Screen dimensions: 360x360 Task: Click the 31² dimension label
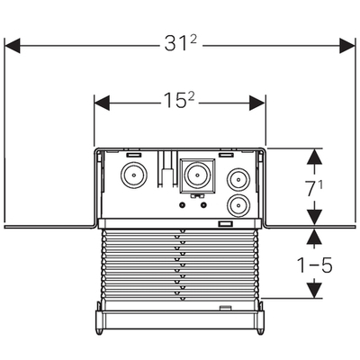coord(181,44)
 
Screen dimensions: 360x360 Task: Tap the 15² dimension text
coord(179,100)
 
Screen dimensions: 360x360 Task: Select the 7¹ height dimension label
coord(315,188)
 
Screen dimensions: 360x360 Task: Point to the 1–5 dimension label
coord(314,265)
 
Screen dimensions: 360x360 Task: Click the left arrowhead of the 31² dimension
coord(13,46)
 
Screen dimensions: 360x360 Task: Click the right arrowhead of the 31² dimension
coord(347,46)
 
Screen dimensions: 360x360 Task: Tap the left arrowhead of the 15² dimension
coord(102,103)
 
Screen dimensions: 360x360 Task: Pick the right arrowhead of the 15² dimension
coord(257,103)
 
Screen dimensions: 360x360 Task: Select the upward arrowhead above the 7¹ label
coord(314,157)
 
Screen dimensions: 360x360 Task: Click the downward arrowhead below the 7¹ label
coord(314,217)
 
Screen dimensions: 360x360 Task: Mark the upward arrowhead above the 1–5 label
coord(314,237)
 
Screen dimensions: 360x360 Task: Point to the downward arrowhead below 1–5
coord(314,291)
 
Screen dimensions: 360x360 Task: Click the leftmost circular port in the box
coord(134,175)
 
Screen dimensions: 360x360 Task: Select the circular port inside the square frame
coord(197,175)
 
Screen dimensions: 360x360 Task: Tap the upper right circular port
coord(238,180)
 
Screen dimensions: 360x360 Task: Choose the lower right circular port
coord(238,206)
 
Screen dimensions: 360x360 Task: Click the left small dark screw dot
coord(182,205)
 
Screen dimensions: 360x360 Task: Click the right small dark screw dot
coord(204,205)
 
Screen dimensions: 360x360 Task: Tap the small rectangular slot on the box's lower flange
coord(226,224)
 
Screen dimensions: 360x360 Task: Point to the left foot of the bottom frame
coord(99,330)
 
